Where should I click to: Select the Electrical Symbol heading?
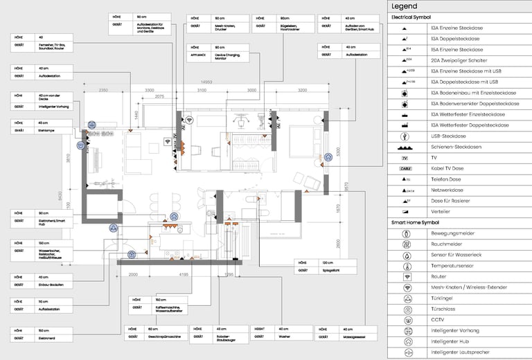pos(411,17)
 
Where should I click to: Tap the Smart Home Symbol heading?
pos(415,222)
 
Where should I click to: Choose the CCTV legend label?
pos(438,320)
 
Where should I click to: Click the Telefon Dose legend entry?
pos(445,179)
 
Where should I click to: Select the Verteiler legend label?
pos(441,211)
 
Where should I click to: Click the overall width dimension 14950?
pos(206,82)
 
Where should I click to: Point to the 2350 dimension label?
pos(103,91)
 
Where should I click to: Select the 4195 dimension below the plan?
pos(184,275)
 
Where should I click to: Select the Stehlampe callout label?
pos(46,130)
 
